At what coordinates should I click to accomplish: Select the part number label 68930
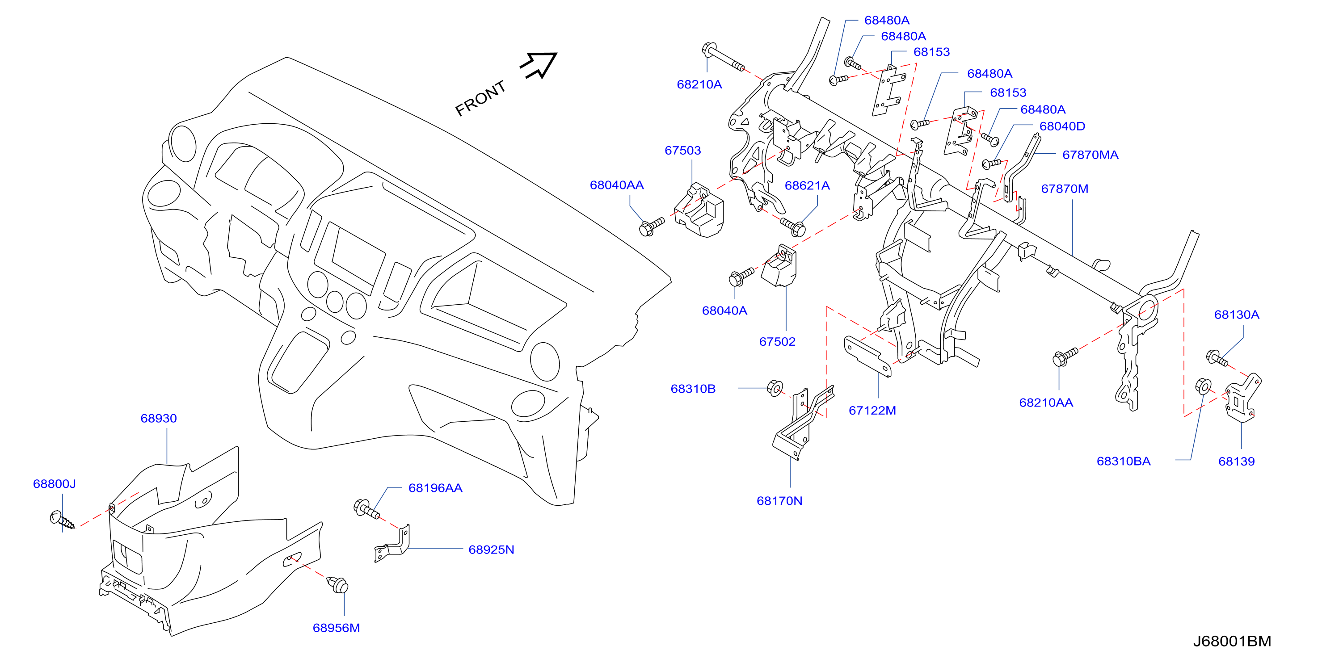coord(159,418)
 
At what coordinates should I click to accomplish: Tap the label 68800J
coord(55,484)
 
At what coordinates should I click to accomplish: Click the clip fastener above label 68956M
coord(338,584)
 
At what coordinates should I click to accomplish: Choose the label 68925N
coord(491,550)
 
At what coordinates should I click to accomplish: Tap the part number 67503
coord(682,151)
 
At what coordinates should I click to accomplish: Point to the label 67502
coord(777,342)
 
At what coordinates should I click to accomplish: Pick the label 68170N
coord(779,501)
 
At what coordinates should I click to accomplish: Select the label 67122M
coord(872,411)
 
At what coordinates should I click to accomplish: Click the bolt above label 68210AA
coord(1065,357)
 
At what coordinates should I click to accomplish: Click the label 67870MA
coord(1090,155)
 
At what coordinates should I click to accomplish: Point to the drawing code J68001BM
coord(1232,642)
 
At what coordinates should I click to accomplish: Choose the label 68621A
coord(807,186)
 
